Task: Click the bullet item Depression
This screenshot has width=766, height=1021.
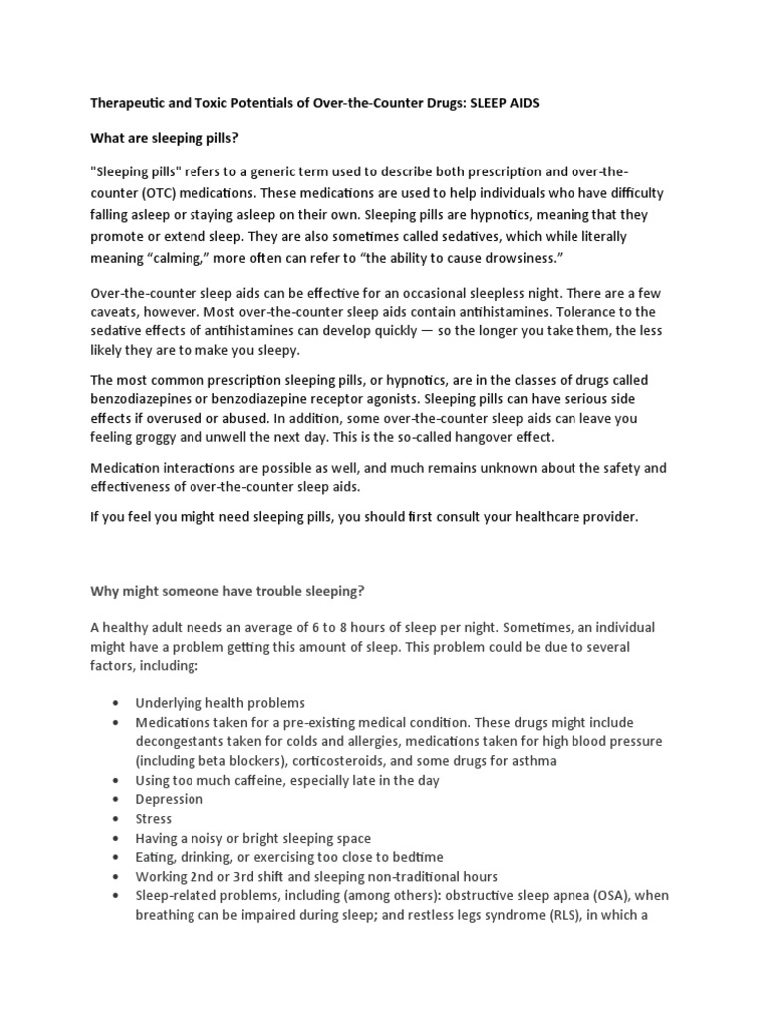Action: [170, 800]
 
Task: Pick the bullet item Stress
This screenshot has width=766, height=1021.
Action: [154, 819]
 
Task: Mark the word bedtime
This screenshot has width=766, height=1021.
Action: [413, 857]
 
